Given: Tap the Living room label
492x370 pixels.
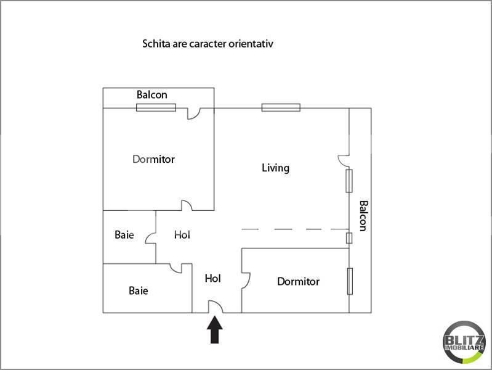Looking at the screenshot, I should click(275, 168).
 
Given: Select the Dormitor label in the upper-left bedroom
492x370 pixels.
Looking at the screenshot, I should click(153, 159).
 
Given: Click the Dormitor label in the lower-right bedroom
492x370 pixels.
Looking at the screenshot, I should click(298, 282).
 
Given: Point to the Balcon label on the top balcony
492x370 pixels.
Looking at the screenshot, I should click(151, 95).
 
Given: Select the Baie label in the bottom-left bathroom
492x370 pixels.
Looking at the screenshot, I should click(138, 290).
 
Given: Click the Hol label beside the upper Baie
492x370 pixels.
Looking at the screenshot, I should click(182, 235).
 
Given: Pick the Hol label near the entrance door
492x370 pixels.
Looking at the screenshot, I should click(212, 279).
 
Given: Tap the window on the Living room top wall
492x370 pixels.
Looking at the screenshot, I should click(281, 108).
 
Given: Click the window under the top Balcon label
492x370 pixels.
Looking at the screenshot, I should click(156, 108).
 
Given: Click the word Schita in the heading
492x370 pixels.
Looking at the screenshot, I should click(155, 44).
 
